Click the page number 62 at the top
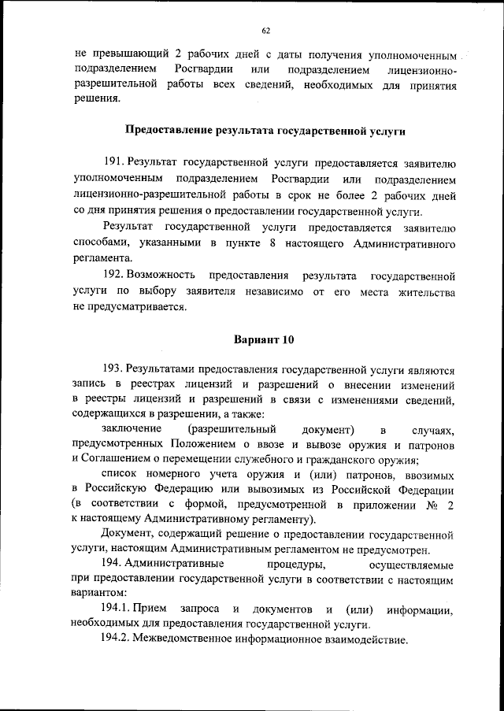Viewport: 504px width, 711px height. click(x=265, y=30)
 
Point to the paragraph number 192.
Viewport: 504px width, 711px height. click(x=114, y=276)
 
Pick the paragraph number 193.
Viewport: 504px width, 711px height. click(x=114, y=368)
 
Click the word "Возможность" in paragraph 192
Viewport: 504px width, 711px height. click(x=165, y=276)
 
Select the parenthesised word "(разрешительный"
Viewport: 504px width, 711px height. click(x=231, y=430)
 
